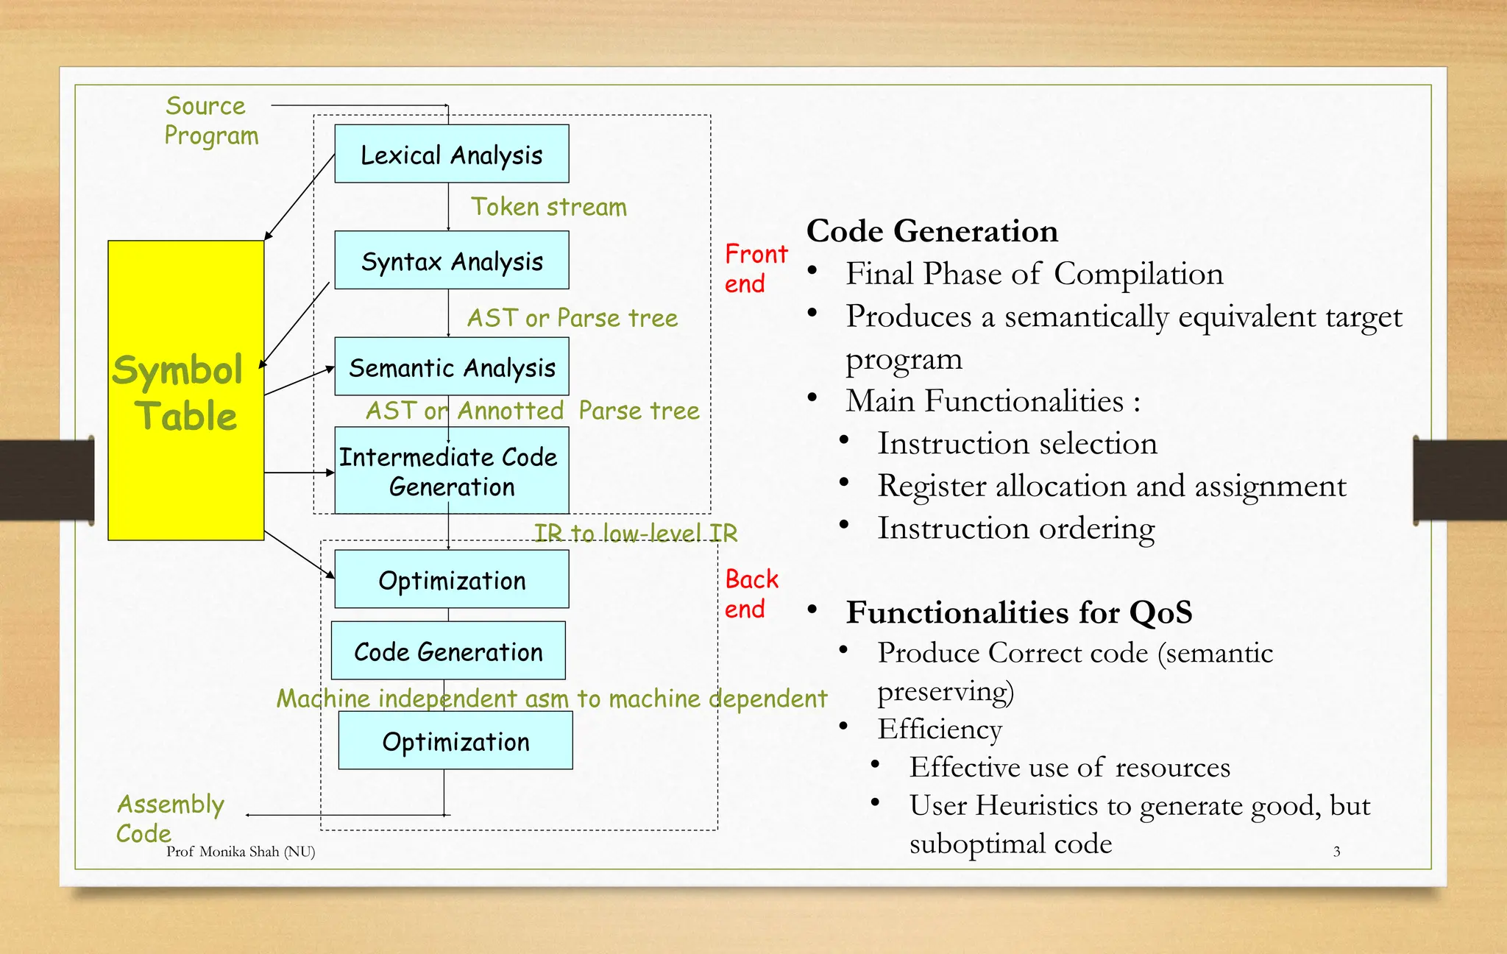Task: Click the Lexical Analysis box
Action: [x=451, y=154]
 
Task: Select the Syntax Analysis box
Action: [x=451, y=261]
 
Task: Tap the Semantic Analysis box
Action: [x=451, y=367]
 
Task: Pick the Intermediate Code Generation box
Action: [x=451, y=471]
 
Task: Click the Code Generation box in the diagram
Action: [x=448, y=651]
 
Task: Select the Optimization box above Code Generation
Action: [x=451, y=579]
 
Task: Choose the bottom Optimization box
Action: [x=455, y=741]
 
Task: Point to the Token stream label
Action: [x=549, y=207]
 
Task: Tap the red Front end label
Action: [x=755, y=269]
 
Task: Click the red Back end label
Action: [x=751, y=594]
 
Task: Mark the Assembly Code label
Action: [x=169, y=818]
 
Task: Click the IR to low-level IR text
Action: [x=635, y=532]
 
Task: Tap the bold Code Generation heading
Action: [x=932, y=231]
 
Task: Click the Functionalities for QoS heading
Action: [x=1018, y=612]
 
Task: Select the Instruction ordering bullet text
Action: [x=1015, y=529]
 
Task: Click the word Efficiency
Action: [x=939, y=729]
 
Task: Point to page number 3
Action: [x=1336, y=852]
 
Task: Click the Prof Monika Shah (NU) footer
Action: [x=241, y=852]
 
